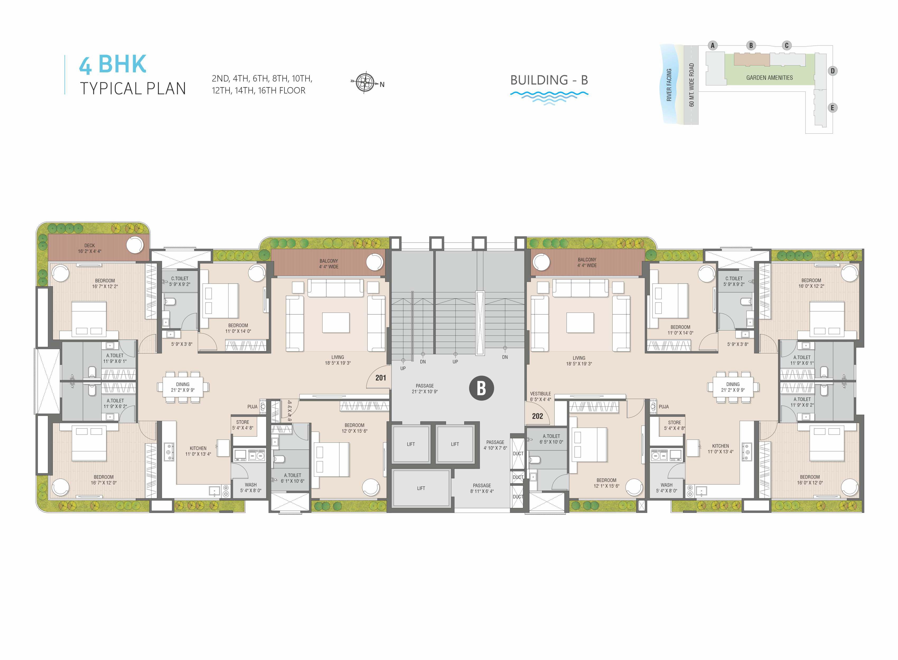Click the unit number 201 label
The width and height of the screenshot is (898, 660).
(x=380, y=378)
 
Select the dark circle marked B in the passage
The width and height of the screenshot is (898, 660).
(x=481, y=388)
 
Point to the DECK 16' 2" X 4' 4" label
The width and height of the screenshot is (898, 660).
(x=90, y=248)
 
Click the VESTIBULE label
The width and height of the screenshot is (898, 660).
(x=540, y=394)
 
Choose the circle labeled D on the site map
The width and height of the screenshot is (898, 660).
(x=832, y=71)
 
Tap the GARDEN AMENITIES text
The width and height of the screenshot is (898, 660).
(x=769, y=78)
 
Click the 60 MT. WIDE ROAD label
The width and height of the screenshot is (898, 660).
(x=691, y=85)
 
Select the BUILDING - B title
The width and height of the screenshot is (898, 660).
(x=549, y=80)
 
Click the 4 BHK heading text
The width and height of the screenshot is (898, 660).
(x=113, y=64)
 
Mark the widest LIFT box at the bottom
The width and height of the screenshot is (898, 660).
(x=421, y=488)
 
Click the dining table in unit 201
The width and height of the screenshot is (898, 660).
(x=183, y=387)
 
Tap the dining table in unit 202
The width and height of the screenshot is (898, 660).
(x=733, y=387)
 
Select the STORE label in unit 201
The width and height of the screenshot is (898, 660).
(x=242, y=422)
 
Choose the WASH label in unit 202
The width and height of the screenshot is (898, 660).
(x=666, y=485)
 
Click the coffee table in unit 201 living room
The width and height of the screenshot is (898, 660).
(x=336, y=322)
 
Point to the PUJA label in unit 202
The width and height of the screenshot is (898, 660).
(x=663, y=407)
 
